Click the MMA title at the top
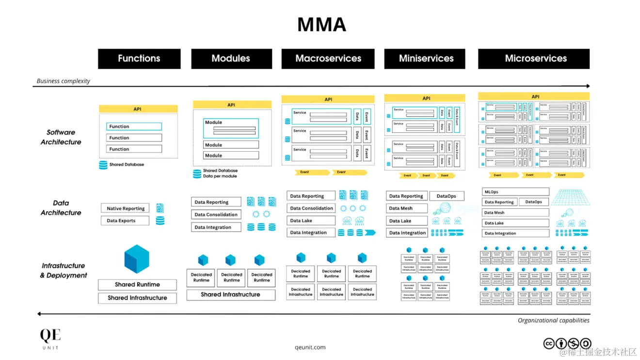pyautogui.click(x=321, y=25)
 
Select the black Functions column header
pyautogui.click(x=139, y=59)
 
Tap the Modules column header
pyautogui.click(x=231, y=59)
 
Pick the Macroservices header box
pyautogui.click(x=328, y=59)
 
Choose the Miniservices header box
pyautogui.click(x=426, y=59)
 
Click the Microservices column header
pyautogui.click(x=535, y=59)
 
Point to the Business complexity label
pyautogui.click(x=64, y=81)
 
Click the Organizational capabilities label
pyautogui.click(x=553, y=320)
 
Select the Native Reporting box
pyautogui.click(x=126, y=208)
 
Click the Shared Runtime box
pyautogui.click(x=137, y=284)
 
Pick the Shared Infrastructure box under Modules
pyautogui.click(x=230, y=295)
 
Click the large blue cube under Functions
pyautogui.click(x=137, y=259)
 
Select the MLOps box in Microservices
pyautogui.click(x=515, y=192)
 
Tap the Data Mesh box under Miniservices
pyautogui.click(x=407, y=208)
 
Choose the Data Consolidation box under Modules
pyautogui.click(x=216, y=215)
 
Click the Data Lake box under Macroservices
pyautogui.click(x=311, y=220)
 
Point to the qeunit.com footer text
pyautogui.click(x=310, y=347)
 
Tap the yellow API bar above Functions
pyautogui.click(x=138, y=109)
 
